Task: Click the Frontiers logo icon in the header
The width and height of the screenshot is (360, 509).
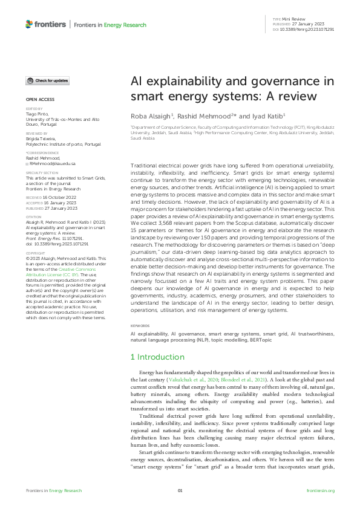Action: click(29, 24)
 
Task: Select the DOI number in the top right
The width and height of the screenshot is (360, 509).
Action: click(312, 29)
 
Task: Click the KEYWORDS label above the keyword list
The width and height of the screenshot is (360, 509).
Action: click(140, 325)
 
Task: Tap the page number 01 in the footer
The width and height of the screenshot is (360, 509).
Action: click(180, 491)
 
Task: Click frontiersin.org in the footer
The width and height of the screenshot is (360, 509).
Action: click(321, 491)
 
